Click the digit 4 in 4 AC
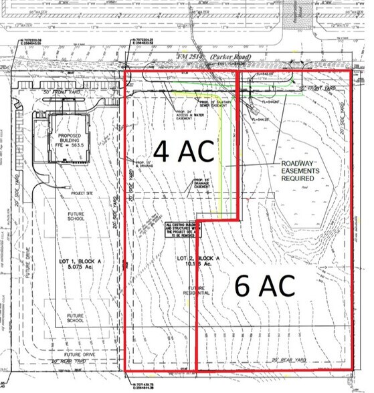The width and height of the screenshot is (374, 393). pos(163,152)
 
